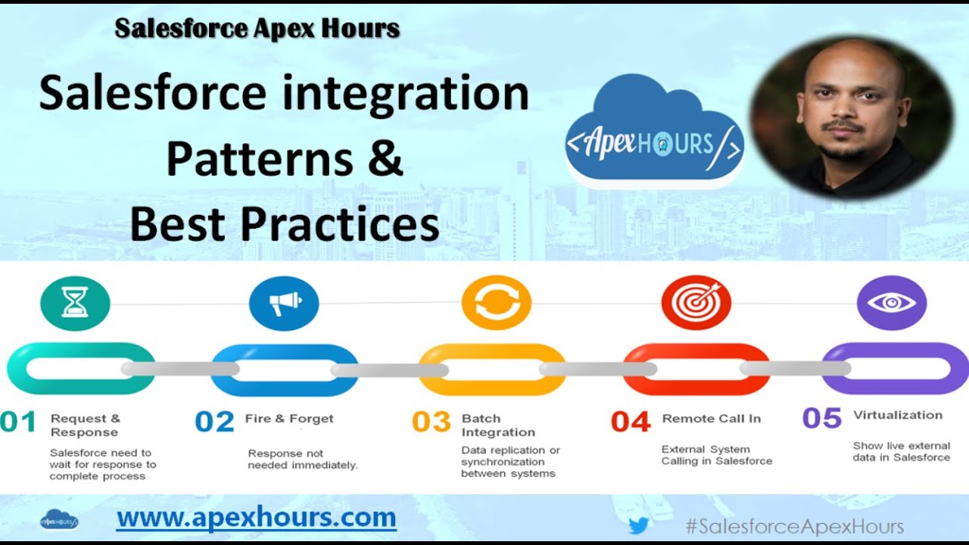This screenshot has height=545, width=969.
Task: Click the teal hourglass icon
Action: pos(75,302)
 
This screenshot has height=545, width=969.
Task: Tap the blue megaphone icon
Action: pos(284,303)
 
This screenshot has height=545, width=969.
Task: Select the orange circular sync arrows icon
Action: pos(497,303)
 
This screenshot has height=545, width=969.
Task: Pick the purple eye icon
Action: pos(891,303)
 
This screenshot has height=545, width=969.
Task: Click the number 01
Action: pos(18,422)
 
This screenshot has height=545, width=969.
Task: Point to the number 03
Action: pos(432,422)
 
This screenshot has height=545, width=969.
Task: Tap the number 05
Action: pos(822,419)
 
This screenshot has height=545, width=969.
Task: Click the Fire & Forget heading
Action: pos(289,419)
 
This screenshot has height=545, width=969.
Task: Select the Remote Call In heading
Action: pos(712,419)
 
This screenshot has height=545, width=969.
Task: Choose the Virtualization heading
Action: pos(898,415)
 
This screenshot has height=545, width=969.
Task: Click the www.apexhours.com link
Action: pos(256,519)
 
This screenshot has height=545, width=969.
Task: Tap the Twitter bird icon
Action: pos(639,525)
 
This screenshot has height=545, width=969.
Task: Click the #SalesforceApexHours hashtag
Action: pos(794,527)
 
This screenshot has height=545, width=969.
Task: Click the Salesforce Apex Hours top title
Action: pos(257,29)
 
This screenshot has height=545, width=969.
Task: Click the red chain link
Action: pos(696,369)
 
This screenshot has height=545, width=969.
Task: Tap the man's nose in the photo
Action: pos(845,108)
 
